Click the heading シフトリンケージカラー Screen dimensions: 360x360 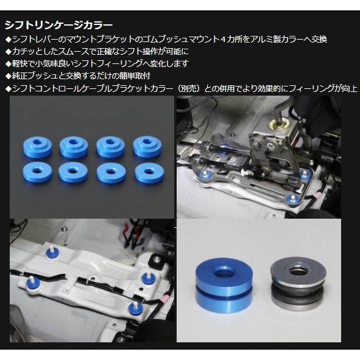(58, 25)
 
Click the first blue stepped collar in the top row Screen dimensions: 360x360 (38, 147)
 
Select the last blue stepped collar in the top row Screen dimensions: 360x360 (147, 146)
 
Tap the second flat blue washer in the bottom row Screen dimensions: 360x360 (73, 172)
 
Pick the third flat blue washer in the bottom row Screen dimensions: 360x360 (111, 173)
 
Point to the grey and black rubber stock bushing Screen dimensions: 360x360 (298, 283)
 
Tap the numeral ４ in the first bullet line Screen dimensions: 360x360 (223, 39)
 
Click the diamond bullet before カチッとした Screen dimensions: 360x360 (9, 51)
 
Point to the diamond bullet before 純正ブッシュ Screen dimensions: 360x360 (9, 76)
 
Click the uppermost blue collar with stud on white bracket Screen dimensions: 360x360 (52, 253)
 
